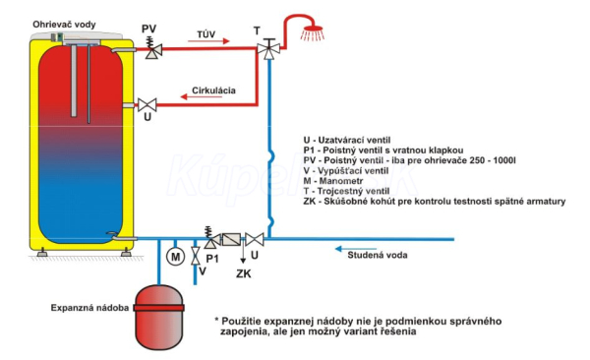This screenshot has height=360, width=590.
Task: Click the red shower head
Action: (x=312, y=32)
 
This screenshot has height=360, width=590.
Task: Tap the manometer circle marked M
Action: (x=175, y=257)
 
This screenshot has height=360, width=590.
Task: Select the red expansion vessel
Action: (x=159, y=318)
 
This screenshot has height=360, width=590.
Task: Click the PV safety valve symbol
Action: (x=153, y=48)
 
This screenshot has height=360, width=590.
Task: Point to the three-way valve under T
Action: (x=268, y=48)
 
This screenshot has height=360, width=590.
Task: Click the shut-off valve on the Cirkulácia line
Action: (x=147, y=104)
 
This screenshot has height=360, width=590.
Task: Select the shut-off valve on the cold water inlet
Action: (x=255, y=239)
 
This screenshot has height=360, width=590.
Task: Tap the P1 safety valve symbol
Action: (x=211, y=238)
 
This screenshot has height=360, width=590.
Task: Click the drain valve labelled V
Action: (x=196, y=256)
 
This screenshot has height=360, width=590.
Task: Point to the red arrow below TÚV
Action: (x=208, y=41)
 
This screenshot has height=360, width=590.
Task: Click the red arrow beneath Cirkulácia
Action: (x=201, y=96)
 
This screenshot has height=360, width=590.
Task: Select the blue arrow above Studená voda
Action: (x=356, y=249)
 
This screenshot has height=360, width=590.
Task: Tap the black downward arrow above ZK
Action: (x=243, y=254)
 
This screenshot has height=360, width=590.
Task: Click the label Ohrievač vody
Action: (x=64, y=25)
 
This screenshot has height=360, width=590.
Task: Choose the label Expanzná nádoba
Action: (x=89, y=308)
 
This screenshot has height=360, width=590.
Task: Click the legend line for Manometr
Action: (x=327, y=181)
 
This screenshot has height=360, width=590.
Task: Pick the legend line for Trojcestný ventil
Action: (x=346, y=191)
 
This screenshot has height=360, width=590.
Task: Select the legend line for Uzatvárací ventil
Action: (x=347, y=141)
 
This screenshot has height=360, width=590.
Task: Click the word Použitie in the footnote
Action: (x=241, y=322)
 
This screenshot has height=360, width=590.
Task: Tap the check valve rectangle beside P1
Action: (x=231, y=239)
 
